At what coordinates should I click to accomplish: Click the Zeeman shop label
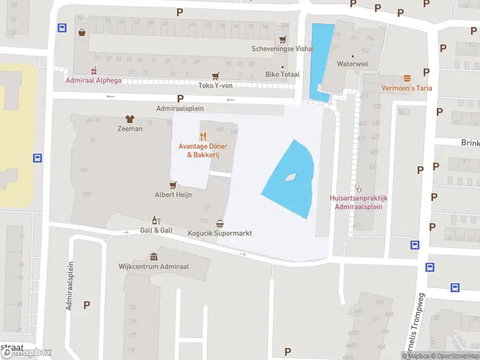130,128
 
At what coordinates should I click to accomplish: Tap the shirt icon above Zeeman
129,119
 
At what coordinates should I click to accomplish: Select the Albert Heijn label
173,194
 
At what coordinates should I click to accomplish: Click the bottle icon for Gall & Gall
156,220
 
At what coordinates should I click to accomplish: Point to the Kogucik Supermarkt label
220,233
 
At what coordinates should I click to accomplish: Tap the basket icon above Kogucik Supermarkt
220,223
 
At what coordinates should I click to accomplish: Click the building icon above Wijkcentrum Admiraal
153,256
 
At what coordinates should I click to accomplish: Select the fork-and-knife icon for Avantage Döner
203,136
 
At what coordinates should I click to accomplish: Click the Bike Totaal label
282,75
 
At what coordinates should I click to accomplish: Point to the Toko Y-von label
215,85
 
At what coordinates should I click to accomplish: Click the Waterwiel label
352,64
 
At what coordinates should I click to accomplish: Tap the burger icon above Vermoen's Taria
407,78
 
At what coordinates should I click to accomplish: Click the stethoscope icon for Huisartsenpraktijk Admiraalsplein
359,188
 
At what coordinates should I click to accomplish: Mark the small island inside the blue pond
291,177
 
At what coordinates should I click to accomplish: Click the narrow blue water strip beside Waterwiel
320,60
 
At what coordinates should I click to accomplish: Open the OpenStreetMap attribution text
455,356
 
